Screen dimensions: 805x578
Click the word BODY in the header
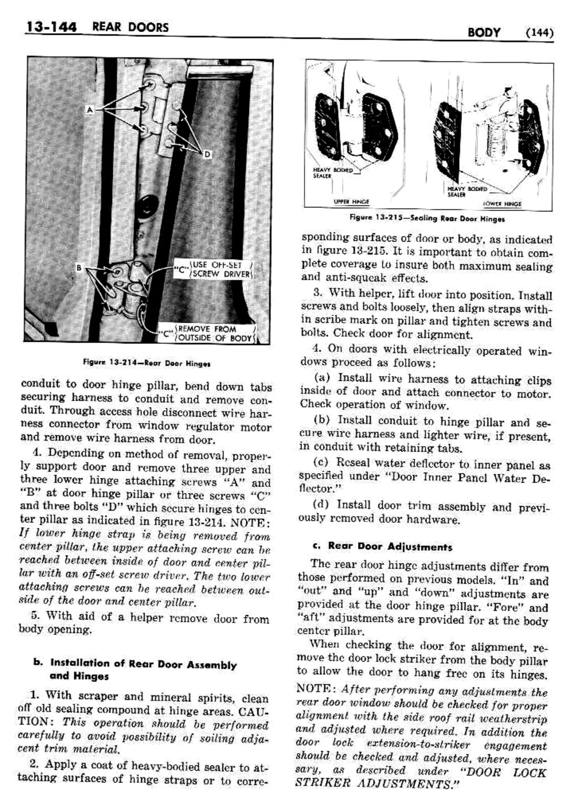[x=484, y=33]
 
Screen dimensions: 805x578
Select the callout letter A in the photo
[x=90, y=110]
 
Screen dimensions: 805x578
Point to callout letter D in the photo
[x=207, y=155]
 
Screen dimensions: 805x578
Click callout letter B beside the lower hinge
[x=80, y=268]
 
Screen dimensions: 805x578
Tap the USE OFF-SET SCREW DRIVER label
[x=220, y=269]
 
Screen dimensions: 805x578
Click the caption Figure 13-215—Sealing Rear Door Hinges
[x=427, y=219]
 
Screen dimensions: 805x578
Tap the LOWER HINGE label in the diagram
[x=502, y=203]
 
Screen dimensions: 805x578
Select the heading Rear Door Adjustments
[x=390, y=547]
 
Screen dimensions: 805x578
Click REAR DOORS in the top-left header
[x=130, y=27]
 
